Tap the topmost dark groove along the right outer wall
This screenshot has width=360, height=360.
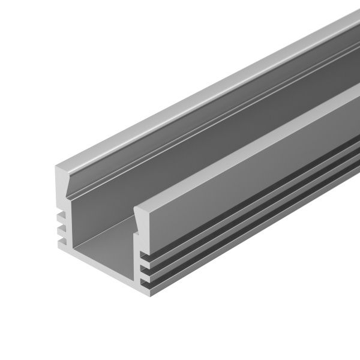(x=252, y=203)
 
